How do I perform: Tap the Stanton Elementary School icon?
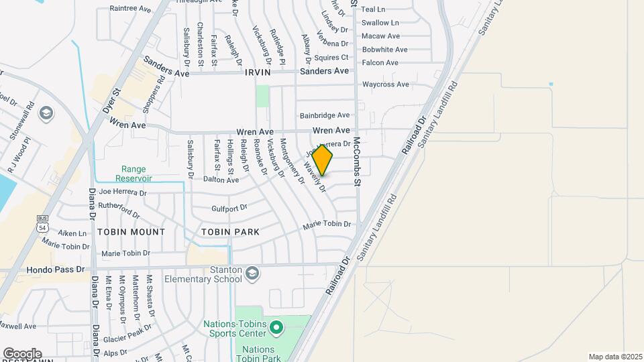pos(252,273)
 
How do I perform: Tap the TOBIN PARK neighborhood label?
pos(230,232)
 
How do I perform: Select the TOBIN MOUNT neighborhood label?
pos(131,232)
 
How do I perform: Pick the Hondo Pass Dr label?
pos(56,269)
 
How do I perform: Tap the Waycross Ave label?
pos(386,84)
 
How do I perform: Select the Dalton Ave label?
pos(221,180)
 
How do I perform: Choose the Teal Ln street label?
pos(373,9)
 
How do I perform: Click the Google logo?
pos(22,353)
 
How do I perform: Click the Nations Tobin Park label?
pos(258,354)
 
